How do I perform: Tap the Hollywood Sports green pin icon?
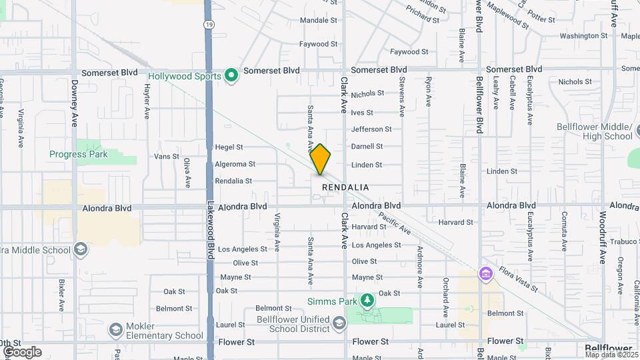click(x=231, y=76)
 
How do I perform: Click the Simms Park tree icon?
click(x=367, y=301)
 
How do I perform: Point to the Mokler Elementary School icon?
click(x=116, y=330)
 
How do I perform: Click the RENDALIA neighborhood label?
click(x=345, y=187)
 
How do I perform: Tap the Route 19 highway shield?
click(x=209, y=25)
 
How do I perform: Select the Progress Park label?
click(x=78, y=154)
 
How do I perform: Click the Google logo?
click(x=21, y=352)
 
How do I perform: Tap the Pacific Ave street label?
click(x=394, y=223)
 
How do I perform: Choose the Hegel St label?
click(x=229, y=147)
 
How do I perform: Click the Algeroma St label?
click(x=234, y=164)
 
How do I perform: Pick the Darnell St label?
click(x=367, y=146)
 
